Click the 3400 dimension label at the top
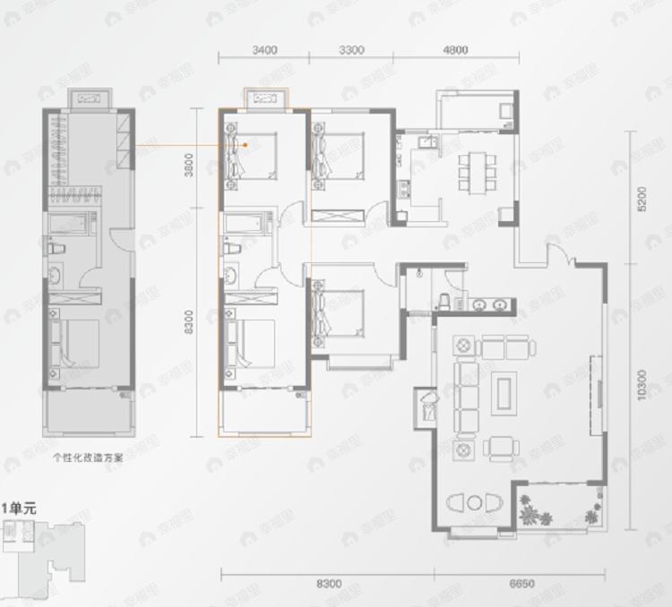(x=264, y=50)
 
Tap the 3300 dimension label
(x=351, y=50)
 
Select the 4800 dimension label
(x=455, y=50)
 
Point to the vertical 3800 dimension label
(x=189, y=168)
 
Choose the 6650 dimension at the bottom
(x=521, y=584)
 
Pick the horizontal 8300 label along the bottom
(x=329, y=584)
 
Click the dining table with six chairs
(x=477, y=170)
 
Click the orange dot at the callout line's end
(x=245, y=144)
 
